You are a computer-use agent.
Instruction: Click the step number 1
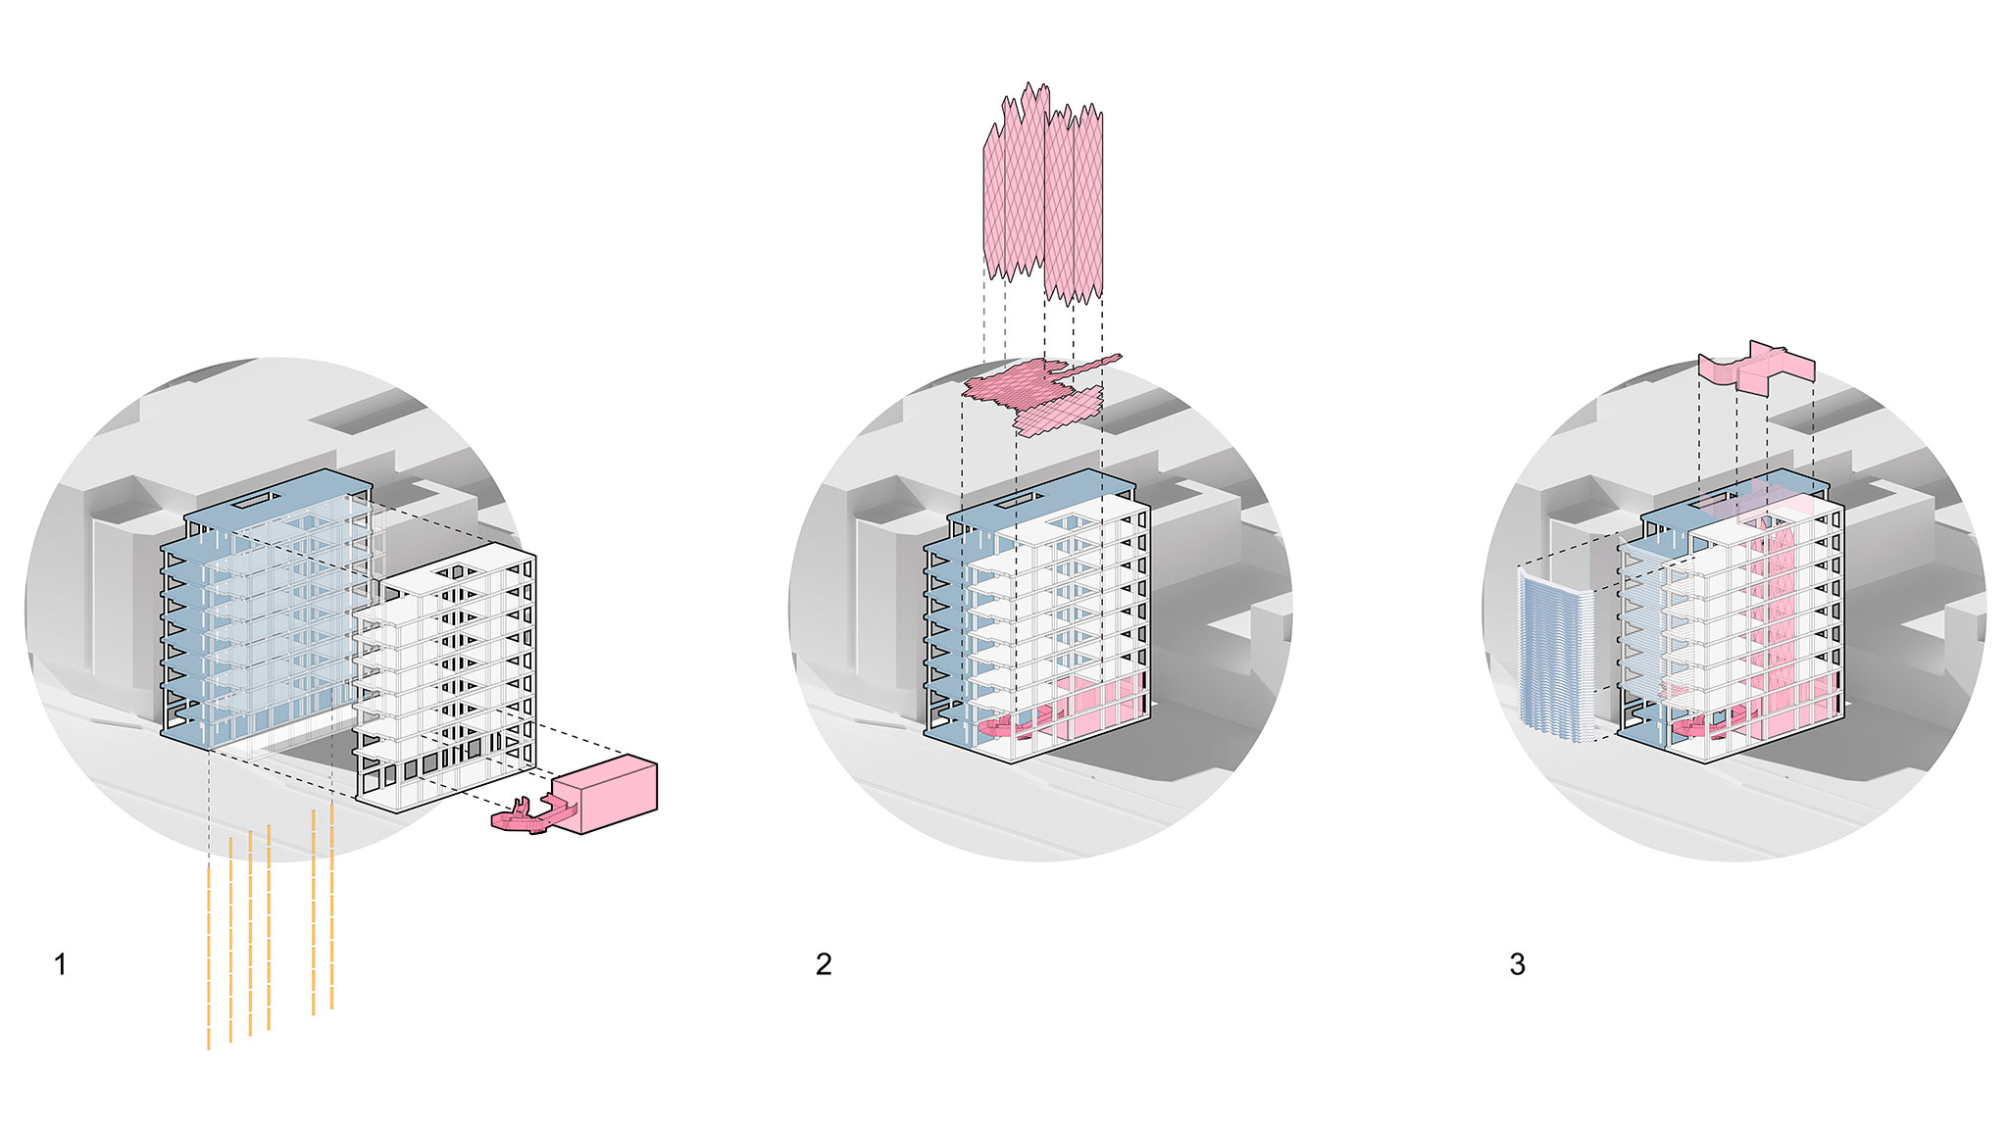click(x=61, y=964)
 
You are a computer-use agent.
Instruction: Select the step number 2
click(x=824, y=964)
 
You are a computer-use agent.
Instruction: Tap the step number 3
click(x=1518, y=964)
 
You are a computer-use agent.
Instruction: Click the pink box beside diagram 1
click(x=604, y=795)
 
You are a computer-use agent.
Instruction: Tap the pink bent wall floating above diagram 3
click(x=1756, y=368)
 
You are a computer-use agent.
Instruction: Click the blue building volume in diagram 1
click(x=267, y=608)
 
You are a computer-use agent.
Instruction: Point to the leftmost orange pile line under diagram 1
click(x=209, y=957)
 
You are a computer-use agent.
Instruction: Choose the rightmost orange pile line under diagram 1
click(x=332, y=906)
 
